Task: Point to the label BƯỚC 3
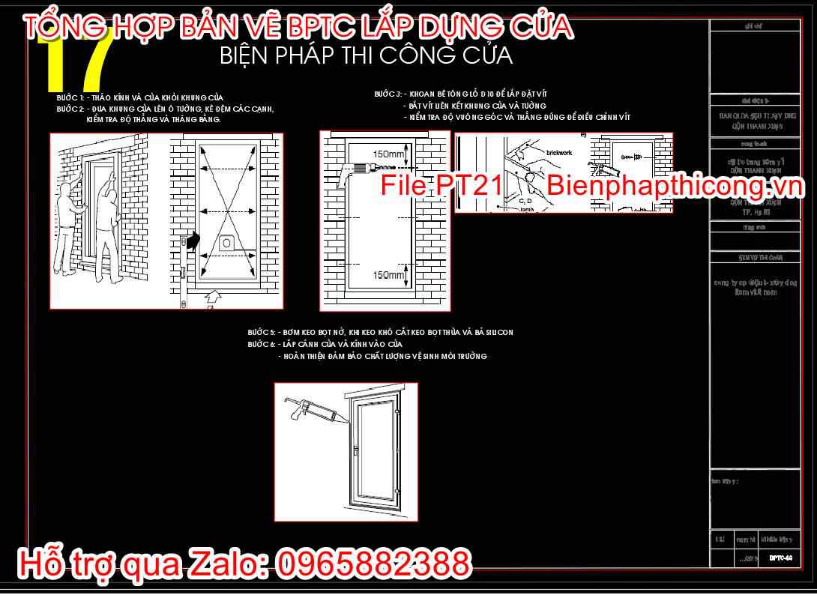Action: point(388,94)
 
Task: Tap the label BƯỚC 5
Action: point(261,332)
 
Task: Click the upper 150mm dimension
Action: point(390,154)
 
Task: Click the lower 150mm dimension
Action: point(390,275)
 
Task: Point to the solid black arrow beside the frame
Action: point(194,241)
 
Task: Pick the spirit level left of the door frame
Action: point(182,270)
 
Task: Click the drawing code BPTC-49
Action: point(780,558)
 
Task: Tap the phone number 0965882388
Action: point(375,564)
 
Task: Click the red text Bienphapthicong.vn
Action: point(675,185)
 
